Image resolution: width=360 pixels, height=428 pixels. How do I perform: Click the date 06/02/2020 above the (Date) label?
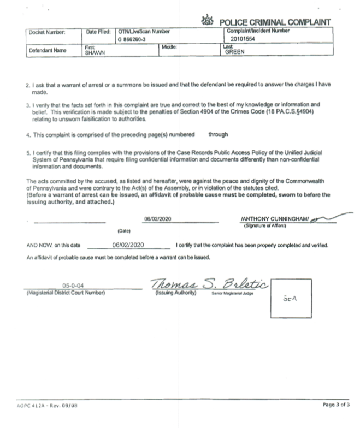[x=158, y=218]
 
